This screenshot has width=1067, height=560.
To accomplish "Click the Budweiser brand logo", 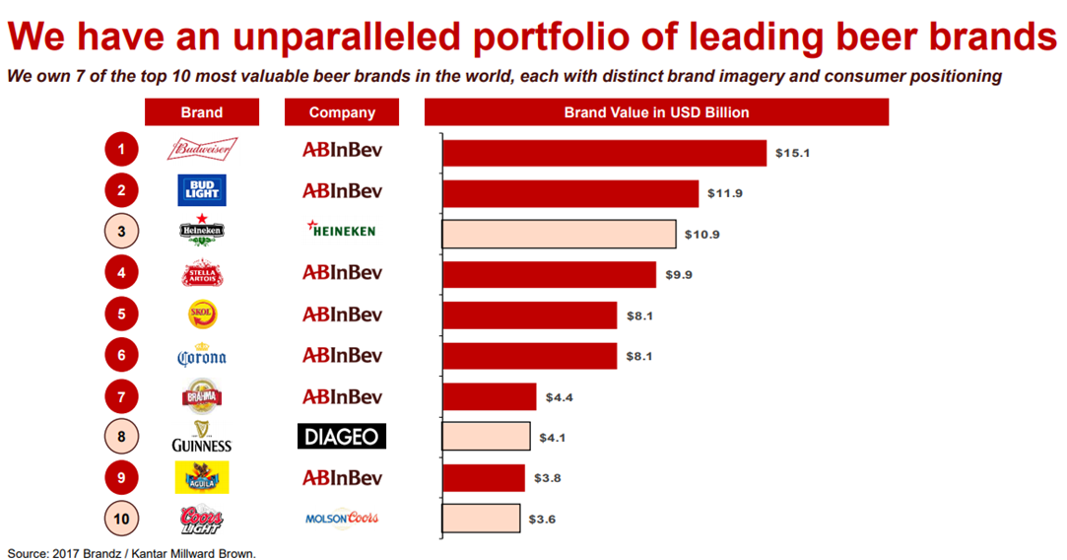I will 202,150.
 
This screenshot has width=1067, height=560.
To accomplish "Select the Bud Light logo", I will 202,190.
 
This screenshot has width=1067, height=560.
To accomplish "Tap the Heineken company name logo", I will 341,231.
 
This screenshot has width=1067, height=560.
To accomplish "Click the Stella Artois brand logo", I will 202,273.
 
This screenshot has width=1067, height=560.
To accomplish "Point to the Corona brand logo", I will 202,355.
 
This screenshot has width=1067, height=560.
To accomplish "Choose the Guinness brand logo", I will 202,436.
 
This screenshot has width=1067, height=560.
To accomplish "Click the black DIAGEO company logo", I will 341,436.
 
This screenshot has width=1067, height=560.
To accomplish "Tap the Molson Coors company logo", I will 341,518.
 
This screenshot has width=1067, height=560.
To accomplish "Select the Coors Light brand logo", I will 202,518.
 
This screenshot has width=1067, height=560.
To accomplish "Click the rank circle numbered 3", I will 122,232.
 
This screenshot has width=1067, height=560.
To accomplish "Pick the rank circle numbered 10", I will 122,518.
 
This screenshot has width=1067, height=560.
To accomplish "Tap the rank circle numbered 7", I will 122,396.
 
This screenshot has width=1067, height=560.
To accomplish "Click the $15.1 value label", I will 792,154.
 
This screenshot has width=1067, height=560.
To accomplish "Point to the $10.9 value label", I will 701,235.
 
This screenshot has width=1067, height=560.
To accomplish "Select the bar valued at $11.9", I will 570,193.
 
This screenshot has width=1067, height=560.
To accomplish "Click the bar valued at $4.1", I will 487,437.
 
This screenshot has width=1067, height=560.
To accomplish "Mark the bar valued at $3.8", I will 484,477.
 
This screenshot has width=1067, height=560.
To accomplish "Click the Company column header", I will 342,112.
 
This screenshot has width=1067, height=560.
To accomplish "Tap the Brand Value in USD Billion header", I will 656,112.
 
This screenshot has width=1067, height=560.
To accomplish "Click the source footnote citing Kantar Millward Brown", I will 132,553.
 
